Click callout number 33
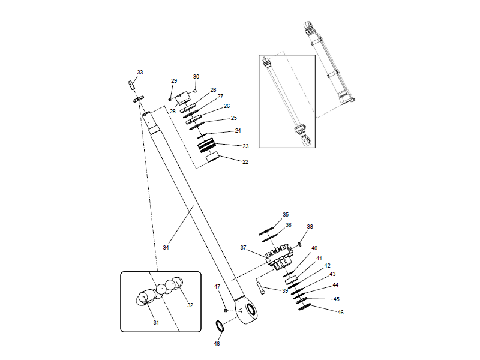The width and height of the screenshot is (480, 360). pos(140,73)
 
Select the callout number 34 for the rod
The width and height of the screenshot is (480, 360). pos(166,247)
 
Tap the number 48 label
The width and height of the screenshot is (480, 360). pos(217,343)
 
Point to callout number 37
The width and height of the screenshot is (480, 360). pos(244,247)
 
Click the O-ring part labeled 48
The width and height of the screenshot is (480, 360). pos(220,326)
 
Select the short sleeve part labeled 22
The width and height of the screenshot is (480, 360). pos(214,157)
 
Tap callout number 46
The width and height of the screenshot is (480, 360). pos(340,313)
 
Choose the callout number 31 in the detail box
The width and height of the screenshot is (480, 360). pos(156,322)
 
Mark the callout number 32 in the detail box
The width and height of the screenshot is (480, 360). pos(190,305)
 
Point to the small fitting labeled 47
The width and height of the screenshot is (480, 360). pos(225,310)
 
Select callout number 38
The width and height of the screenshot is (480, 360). pos(310,227)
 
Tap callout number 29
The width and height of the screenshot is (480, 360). pos(174,81)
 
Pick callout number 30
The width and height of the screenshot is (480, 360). pos(196,77)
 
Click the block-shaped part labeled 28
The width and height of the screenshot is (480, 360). pos(184,96)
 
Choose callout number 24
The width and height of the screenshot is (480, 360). pos(238,130)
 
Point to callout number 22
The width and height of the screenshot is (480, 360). pos(245,162)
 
